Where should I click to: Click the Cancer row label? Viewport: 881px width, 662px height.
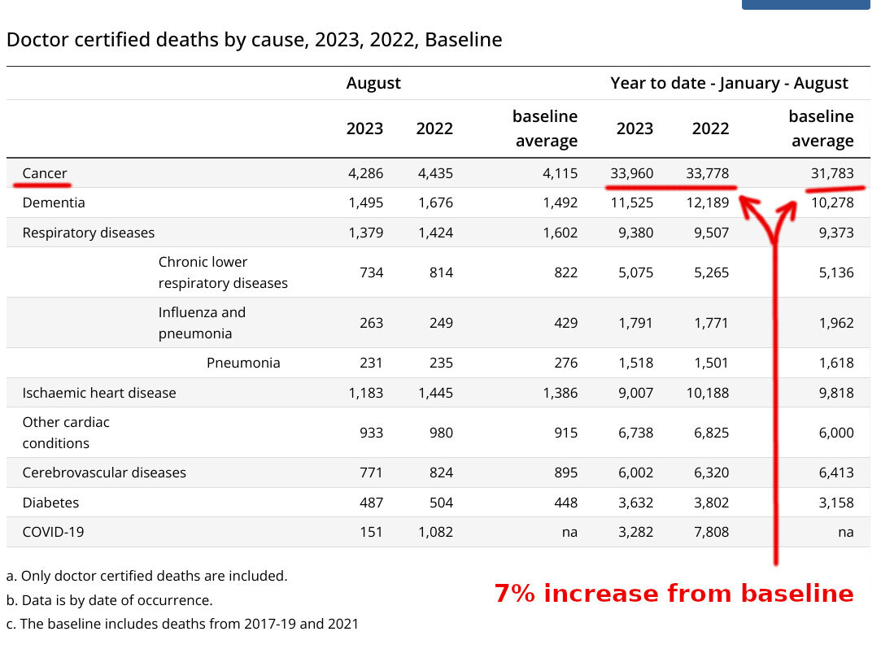[45, 173]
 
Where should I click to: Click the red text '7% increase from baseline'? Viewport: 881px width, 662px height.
[674, 594]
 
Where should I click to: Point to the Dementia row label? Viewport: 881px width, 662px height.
[54, 203]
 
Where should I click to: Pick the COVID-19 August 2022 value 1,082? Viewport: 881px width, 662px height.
[434, 532]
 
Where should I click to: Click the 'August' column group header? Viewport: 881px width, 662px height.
[373, 83]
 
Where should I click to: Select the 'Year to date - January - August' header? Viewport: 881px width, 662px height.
[729, 83]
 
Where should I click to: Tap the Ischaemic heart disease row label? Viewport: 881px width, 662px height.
[99, 393]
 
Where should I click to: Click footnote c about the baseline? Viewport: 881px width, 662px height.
[182, 624]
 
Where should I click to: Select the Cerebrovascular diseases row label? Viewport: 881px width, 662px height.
[104, 473]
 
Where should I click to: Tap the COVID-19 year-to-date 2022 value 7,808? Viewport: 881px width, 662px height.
[710, 532]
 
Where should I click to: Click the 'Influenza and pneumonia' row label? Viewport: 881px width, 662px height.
[202, 323]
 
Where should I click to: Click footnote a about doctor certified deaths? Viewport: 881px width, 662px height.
[146, 576]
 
